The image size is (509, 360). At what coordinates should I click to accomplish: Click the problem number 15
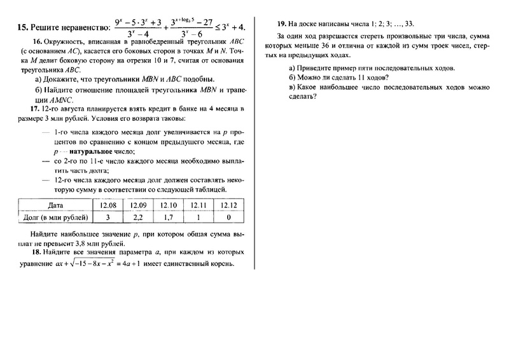click(x=20, y=28)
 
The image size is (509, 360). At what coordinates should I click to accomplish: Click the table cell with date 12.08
click(x=107, y=205)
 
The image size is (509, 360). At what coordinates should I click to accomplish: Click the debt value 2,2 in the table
click(x=137, y=218)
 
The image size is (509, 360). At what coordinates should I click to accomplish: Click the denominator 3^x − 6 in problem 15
click(x=192, y=35)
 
